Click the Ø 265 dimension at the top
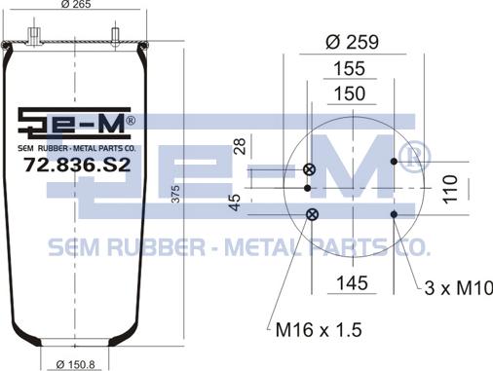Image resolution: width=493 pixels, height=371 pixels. click(76, 4)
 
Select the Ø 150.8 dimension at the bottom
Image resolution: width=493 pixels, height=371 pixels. click(75, 364)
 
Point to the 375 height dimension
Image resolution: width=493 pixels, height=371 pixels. click(175, 194)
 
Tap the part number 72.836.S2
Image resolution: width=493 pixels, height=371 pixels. click(77, 165)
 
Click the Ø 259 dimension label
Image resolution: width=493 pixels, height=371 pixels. click(352, 42)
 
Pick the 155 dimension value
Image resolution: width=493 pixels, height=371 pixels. click(350, 68)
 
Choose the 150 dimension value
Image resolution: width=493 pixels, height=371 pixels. click(350, 93)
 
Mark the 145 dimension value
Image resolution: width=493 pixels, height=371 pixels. click(353, 283)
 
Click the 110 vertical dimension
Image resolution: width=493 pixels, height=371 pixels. click(450, 190)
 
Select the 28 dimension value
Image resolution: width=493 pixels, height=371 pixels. click(240, 146)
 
